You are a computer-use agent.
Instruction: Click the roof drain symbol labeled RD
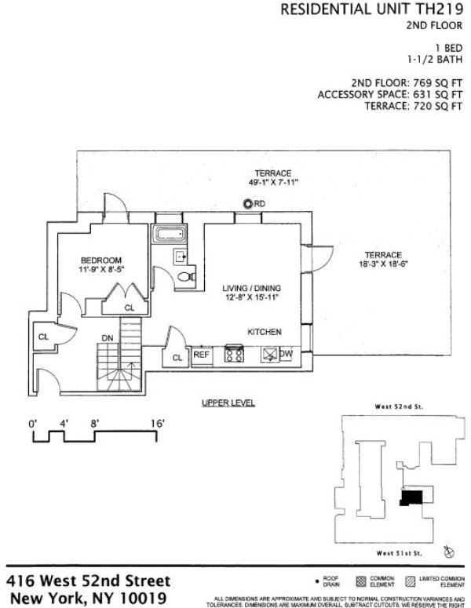pyautogui.click(x=248, y=204)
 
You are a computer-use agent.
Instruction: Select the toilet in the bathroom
pyautogui.click(x=185, y=275)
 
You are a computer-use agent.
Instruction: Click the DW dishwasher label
pyautogui.click(x=287, y=355)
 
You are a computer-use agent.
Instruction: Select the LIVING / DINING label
pyautogui.click(x=251, y=287)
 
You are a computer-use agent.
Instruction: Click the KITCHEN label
pyautogui.click(x=265, y=333)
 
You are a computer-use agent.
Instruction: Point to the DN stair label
pyautogui.click(x=108, y=338)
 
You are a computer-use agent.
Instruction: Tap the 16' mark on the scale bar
pyautogui.click(x=157, y=424)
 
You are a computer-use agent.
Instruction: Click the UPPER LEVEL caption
pyautogui.click(x=228, y=403)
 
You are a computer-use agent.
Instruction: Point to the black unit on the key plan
pyautogui.click(x=411, y=497)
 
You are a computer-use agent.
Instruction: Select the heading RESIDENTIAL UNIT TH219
pyautogui.click(x=371, y=9)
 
